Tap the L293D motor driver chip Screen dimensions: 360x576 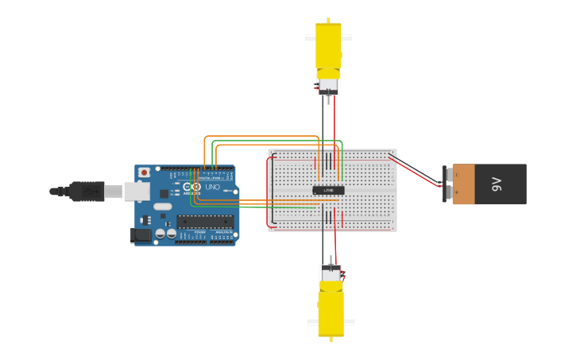pyautogui.click(x=328, y=190)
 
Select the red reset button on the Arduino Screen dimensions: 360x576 pyautogui.click(x=144, y=172)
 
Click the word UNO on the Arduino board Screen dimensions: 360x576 pyautogui.click(x=212, y=188)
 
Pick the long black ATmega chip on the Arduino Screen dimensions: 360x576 pyautogui.click(x=205, y=221)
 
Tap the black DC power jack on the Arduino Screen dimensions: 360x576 pyautogui.click(x=141, y=234)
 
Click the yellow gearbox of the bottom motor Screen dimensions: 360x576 pyautogui.click(x=331, y=312)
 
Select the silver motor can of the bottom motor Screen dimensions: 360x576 pyautogui.click(x=331, y=273)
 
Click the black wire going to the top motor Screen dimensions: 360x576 pyautogui.click(x=323, y=123)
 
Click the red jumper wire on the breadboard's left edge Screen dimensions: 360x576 pyautogui.click(x=270, y=191)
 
